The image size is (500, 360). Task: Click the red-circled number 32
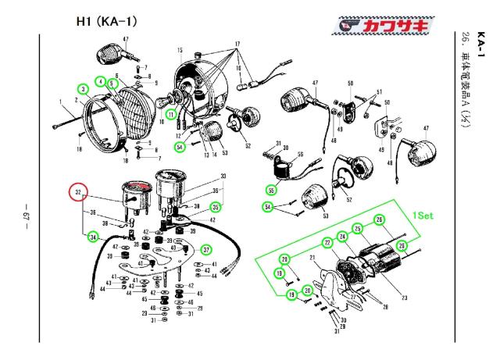77,193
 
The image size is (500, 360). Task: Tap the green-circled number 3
83,89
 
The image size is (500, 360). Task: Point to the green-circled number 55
270,191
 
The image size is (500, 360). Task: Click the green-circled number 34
93,237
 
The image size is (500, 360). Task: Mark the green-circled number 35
216,207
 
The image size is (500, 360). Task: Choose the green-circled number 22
327,243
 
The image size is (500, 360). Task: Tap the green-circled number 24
342,236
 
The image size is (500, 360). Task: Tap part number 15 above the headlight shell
179,51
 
